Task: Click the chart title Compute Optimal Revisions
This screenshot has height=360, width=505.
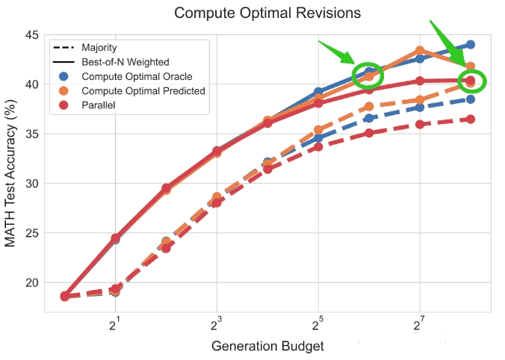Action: point(267,13)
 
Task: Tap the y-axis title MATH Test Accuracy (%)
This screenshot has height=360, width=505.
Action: point(10,173)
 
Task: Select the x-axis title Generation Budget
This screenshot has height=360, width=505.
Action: point(267,346)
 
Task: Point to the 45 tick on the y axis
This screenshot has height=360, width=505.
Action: point(31,35)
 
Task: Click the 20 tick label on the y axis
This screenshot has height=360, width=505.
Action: point(31,283)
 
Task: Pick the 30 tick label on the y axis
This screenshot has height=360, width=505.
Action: point(31,184)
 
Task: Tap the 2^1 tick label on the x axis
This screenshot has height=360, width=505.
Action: point(114,325)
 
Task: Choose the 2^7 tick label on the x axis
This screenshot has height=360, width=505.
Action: point(419,325)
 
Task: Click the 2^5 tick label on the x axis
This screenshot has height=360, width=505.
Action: point(318,325)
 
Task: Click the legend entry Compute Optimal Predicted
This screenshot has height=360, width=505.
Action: point(132,91)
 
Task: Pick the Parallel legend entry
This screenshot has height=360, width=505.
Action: point(87,105)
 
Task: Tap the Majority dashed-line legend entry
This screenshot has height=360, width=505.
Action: point(85,48)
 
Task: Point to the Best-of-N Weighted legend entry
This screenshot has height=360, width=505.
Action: point(111,62)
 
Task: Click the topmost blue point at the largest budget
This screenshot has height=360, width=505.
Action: point(471,44)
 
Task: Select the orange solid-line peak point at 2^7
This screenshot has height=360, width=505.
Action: point(420,50)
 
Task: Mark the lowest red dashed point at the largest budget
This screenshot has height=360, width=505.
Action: point(471,120)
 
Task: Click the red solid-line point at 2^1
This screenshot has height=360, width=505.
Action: point(115,238)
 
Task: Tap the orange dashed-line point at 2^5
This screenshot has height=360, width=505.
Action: point(318,130)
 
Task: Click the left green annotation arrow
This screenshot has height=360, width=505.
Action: point(337,52)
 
